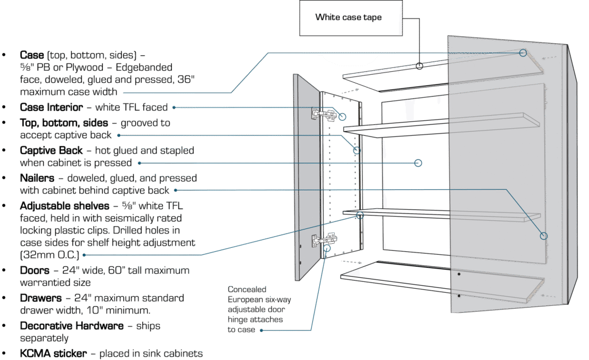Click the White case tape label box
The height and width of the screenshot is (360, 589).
(x=348, y=17)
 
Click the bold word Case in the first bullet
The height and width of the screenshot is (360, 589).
(x=32, y=55)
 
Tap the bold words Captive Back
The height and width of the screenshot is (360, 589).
(x=51, y=150)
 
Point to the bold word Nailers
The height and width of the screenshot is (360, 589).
(x=38, y=178)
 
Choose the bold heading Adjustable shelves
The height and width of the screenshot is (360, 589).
(x=63, y=205)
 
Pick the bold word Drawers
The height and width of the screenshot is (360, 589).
(x=40, y=298)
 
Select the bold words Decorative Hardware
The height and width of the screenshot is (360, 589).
(x=72, y=325)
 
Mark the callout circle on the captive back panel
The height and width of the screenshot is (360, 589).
(x=418, y=163)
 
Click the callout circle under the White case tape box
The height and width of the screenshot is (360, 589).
(x=420, y=67)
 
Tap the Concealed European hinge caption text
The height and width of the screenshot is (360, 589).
(x=256, y=309)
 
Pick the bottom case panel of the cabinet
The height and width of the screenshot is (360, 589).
(x=443, y=282)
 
